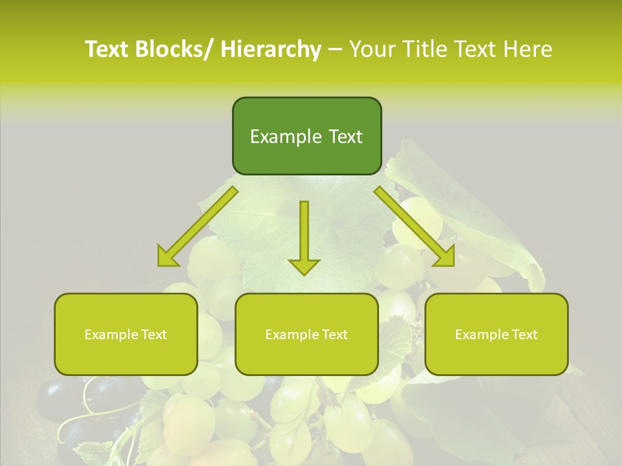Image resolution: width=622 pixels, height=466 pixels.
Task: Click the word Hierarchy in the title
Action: tap(270, 49)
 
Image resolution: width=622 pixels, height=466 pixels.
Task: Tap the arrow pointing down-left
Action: tap(198, 227)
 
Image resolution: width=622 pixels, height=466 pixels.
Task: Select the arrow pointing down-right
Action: tap(414, 227)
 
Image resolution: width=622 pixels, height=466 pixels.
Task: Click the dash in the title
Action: tap(334, 50)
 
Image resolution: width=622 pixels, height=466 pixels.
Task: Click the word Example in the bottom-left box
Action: tap(109, 335)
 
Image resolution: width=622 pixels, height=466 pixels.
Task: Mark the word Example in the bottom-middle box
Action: tap(290, 335)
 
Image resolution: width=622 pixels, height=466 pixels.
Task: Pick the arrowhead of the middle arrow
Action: tap(304, 265)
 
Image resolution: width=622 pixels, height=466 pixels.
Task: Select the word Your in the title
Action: tap(371, 49)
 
